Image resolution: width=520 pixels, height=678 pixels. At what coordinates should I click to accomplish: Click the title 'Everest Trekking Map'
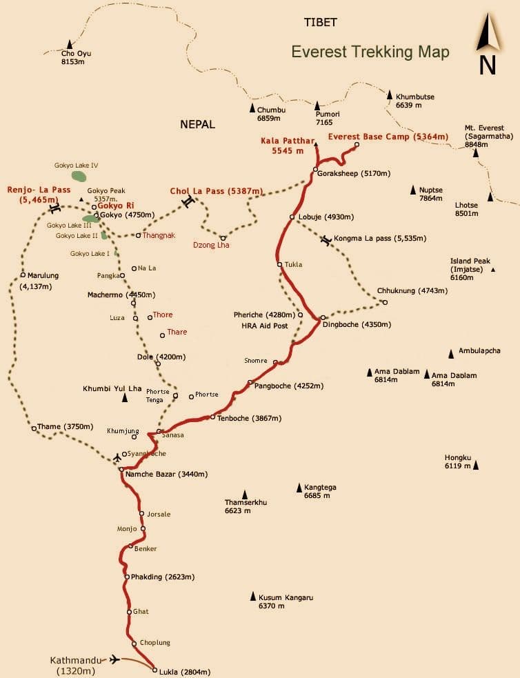coord(370,52)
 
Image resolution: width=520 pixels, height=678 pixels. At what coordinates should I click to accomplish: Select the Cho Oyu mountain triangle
coord(69,44)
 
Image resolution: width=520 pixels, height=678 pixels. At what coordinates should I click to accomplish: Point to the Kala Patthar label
coord(283,146)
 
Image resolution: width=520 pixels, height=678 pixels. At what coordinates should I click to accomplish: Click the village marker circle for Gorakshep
coord(314,169)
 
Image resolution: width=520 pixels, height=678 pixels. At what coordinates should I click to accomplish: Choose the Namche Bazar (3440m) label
coord(168,475)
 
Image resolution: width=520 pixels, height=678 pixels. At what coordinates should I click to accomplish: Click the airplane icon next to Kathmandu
coord(114,659)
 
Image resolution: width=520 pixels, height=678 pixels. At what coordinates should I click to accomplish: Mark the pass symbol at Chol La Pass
coord(187,201)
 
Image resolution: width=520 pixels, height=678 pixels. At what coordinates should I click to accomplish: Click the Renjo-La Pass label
coord(39,195)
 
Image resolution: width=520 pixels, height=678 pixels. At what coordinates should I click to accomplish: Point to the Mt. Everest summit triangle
coord(475,153)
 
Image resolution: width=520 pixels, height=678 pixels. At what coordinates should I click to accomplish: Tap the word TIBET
coord(321,22)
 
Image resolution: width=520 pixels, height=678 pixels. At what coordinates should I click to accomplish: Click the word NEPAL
coord(197,124)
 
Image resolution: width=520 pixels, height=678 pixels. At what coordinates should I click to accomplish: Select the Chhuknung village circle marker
coord(385,302)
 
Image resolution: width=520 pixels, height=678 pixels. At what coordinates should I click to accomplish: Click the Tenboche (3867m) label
coord(248,418)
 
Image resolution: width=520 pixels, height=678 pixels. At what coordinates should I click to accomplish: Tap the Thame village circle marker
coord(34,428)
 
